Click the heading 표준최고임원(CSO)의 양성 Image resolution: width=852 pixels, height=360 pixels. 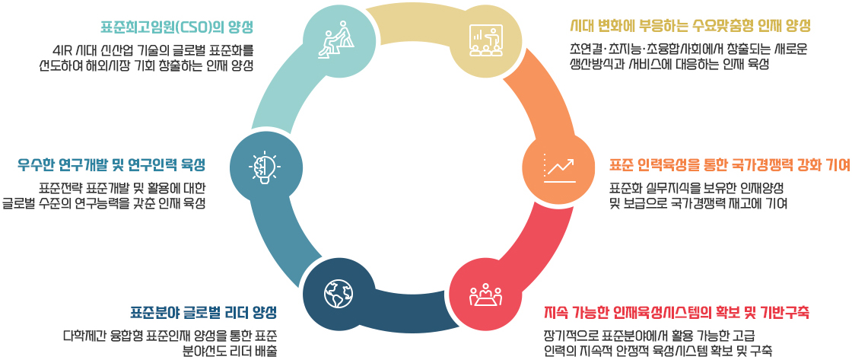pyautogui.click(x=177, y=27)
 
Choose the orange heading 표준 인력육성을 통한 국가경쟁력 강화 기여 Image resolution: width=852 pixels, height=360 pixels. pyautogui.click(x=730, y=164)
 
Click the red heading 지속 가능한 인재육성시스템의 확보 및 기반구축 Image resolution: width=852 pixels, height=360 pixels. pyautogui.click(x=676, y=313)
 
